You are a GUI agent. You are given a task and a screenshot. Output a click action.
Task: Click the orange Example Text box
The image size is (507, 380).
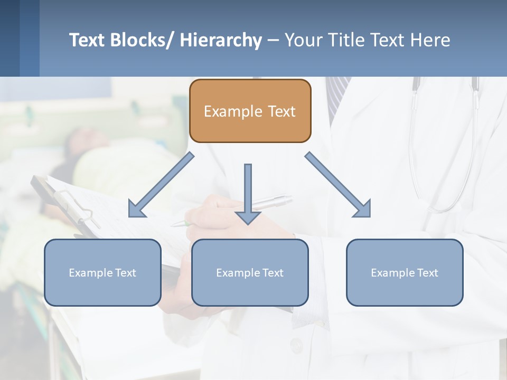tap(250, 111)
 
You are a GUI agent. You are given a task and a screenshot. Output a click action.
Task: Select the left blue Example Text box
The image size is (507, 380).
tap(102, 272)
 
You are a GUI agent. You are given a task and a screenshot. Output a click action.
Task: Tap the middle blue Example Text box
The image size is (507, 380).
tap(250, 272)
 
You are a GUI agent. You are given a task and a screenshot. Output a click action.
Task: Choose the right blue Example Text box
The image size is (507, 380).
tap(405, 272)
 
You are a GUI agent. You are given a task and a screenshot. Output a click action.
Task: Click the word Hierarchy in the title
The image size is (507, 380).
tap(220, 40)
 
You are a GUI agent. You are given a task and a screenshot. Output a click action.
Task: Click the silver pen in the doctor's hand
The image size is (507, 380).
tap(272, 202)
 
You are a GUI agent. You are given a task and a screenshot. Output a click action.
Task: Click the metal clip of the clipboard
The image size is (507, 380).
tap(79, 208)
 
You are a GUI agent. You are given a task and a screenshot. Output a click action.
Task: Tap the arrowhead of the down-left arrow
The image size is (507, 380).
tap(135, 211)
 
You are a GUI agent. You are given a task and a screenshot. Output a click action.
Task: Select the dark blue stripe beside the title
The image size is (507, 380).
tap(10, 38)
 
